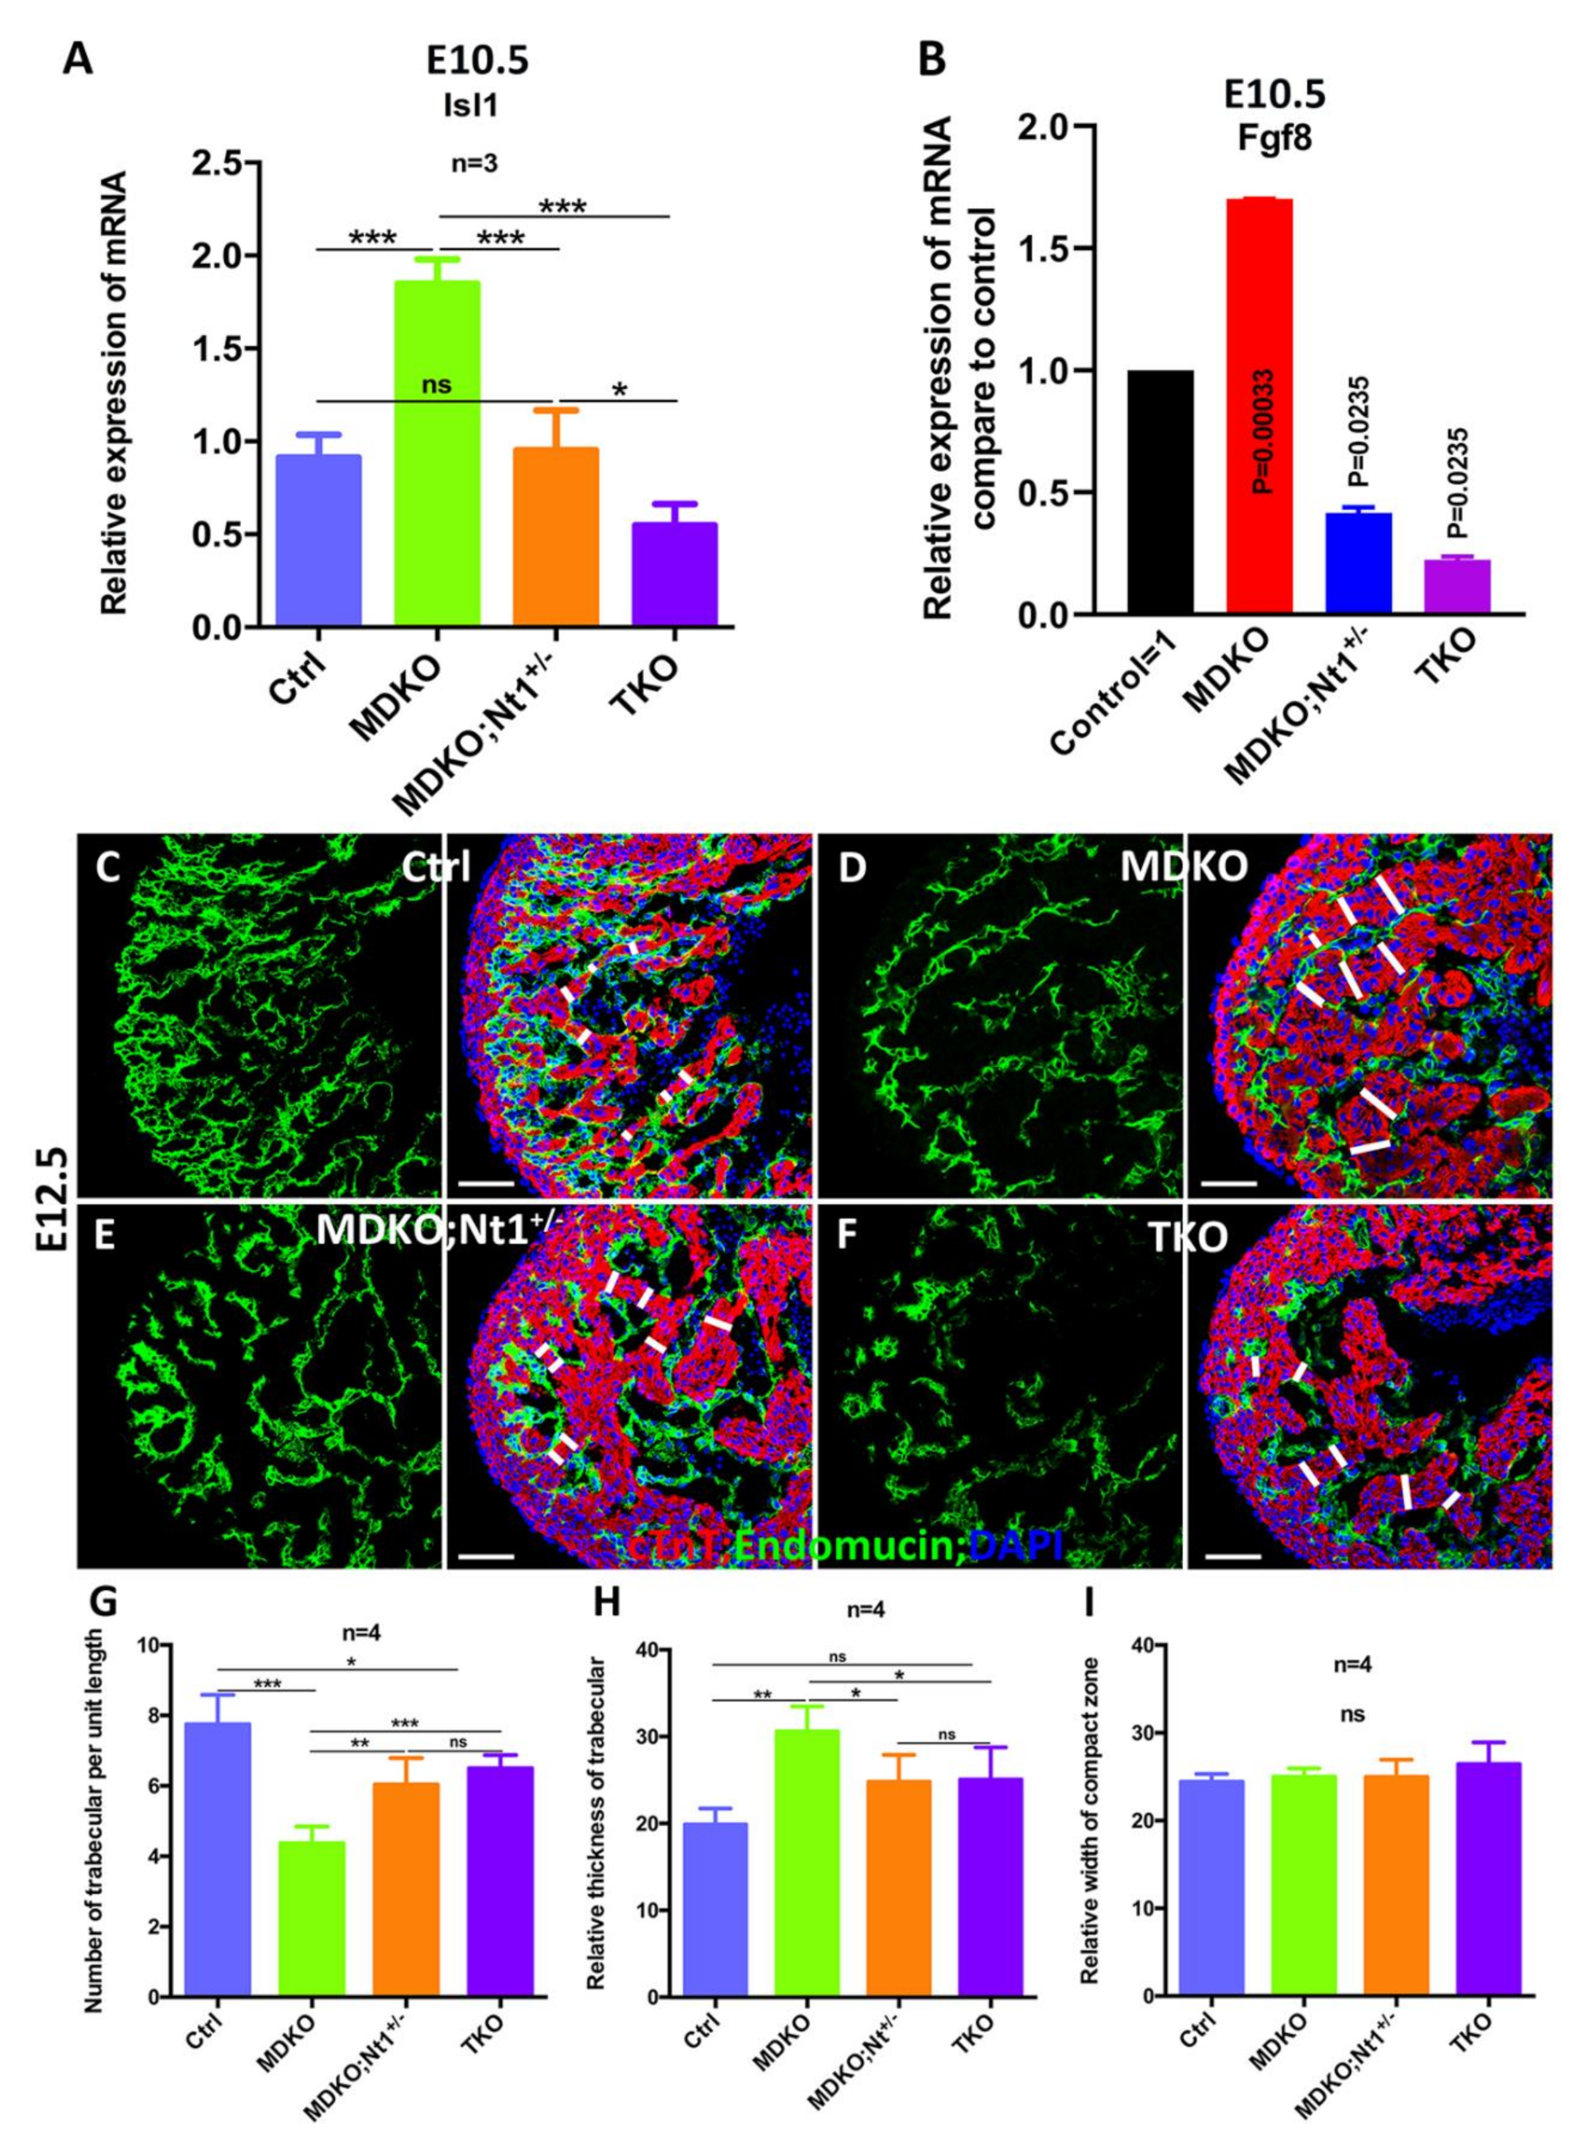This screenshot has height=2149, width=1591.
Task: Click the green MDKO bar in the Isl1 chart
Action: [438, 454]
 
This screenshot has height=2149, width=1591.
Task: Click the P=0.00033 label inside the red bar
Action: [1262, 430]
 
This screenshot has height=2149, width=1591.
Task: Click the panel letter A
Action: [79, 60]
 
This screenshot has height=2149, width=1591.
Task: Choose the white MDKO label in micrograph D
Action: [1184, 868]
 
